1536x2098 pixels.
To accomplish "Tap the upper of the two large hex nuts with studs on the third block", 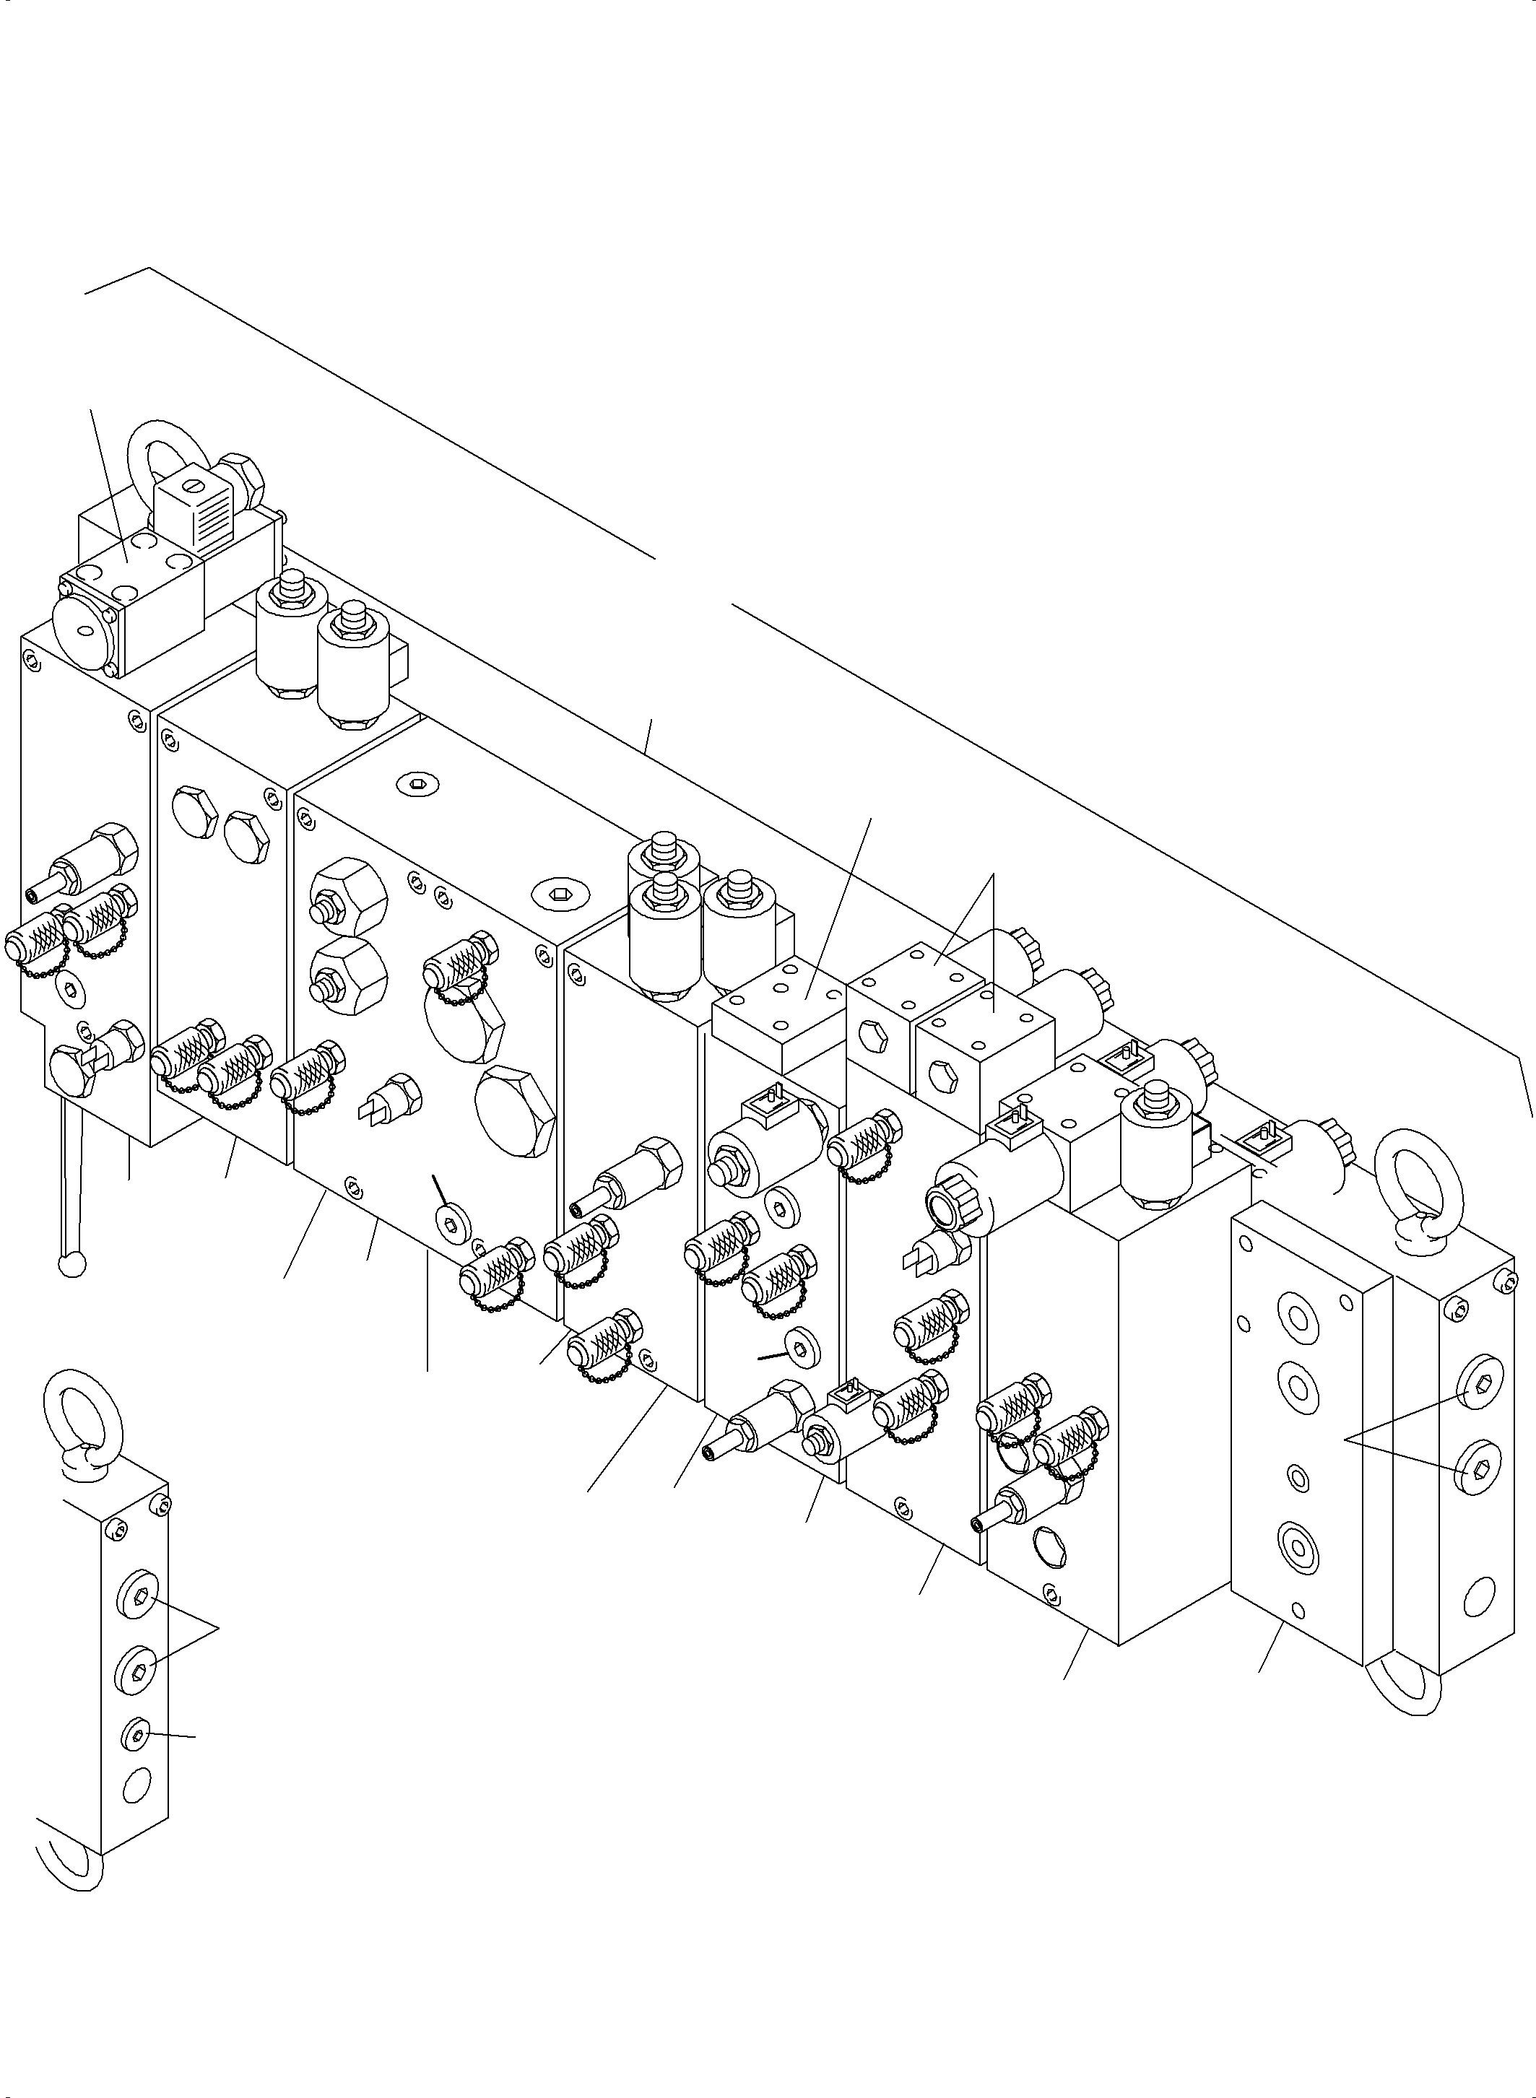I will pyautogui.click(x=346, y=895).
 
